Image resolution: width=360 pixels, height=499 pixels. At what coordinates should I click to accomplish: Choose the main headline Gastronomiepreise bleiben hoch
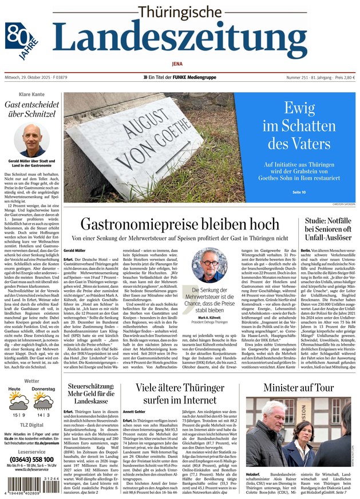177,224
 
